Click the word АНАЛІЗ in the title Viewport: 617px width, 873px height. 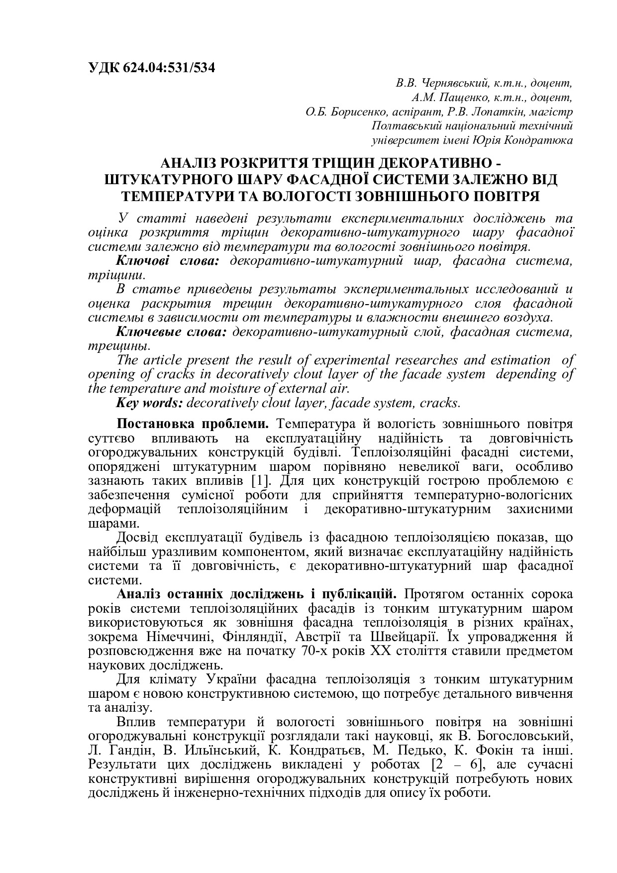[x=189, y=163]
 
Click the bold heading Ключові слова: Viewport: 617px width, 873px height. [x=167, y=261]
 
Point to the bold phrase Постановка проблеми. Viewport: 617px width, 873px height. [x=193, y=425]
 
